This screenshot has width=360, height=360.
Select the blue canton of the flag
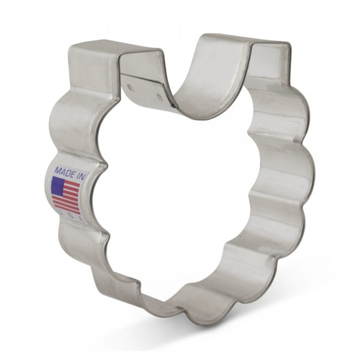58,186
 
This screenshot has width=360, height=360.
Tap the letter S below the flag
71,215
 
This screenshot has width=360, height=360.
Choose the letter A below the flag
82,219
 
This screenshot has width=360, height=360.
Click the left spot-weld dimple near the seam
131,87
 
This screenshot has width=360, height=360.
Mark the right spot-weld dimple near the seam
160,96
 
